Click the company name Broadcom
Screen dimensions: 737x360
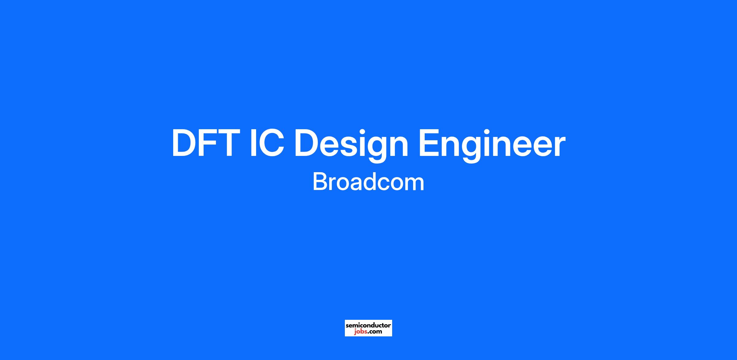pos(368,182)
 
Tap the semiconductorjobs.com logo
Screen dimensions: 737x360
pos(368,328)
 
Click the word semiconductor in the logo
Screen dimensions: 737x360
pos(368,325)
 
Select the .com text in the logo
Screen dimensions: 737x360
pos(375,331)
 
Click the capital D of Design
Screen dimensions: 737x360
pos(307,143)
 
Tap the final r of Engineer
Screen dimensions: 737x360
pos(559,146)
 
